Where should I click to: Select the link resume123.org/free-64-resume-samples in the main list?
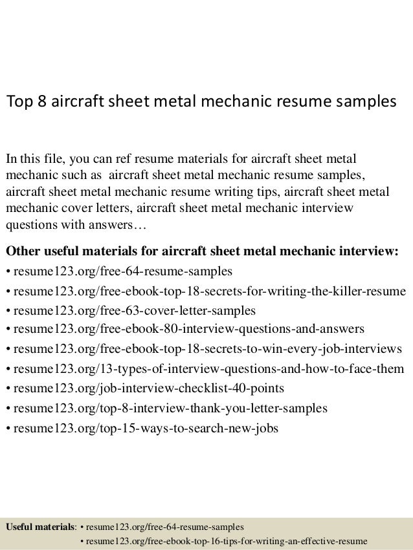pos(122,270)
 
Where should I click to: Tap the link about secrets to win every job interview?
pos(208,350)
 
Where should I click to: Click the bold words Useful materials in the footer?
pos(40,526)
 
